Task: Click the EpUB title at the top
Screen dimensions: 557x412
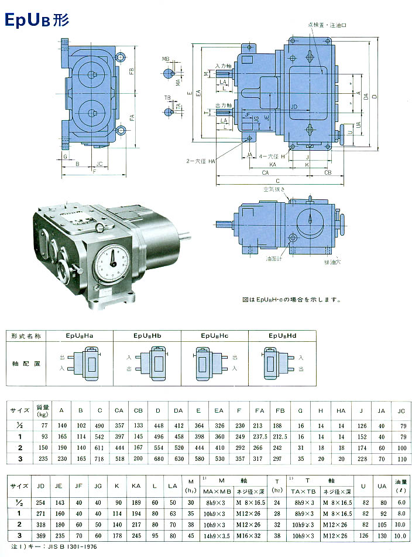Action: point(37,20)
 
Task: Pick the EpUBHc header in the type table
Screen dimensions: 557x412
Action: point(215,336)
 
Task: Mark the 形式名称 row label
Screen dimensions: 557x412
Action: point(27,336)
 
